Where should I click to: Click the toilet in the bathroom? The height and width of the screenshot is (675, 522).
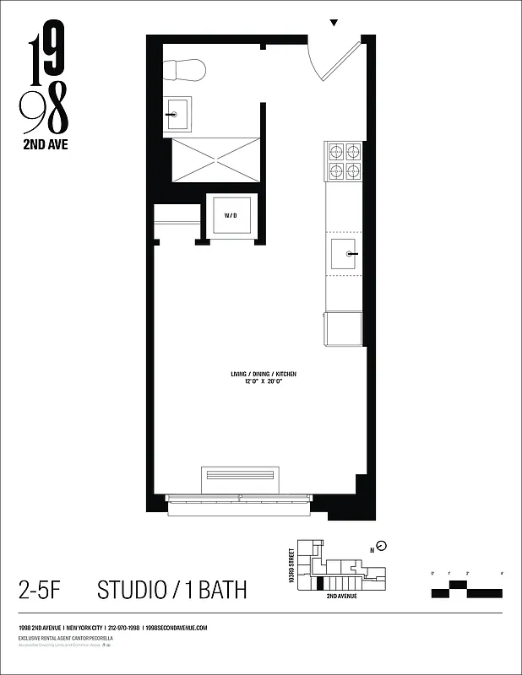(185, 69)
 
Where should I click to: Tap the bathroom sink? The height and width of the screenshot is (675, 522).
(177, 113)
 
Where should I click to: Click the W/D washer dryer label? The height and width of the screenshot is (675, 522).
(231, 216)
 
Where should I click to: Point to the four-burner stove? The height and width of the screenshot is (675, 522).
(344, 161)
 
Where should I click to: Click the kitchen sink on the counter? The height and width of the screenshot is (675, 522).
(345, 253)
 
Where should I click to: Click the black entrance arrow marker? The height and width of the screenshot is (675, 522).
(334, 23)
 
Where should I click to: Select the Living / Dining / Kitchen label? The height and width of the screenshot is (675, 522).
(264, 373)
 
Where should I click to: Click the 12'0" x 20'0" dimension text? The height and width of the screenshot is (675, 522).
(264, 381)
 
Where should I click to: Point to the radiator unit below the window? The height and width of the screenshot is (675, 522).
(240, 474)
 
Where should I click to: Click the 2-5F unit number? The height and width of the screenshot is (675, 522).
(42, 589)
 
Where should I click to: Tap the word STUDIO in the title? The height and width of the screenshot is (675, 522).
(133, 589)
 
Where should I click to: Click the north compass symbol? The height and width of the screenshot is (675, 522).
(381, 545)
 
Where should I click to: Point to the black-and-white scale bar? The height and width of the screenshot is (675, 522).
(466, 588)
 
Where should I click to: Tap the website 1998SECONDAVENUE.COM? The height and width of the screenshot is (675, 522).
(177, 629)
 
